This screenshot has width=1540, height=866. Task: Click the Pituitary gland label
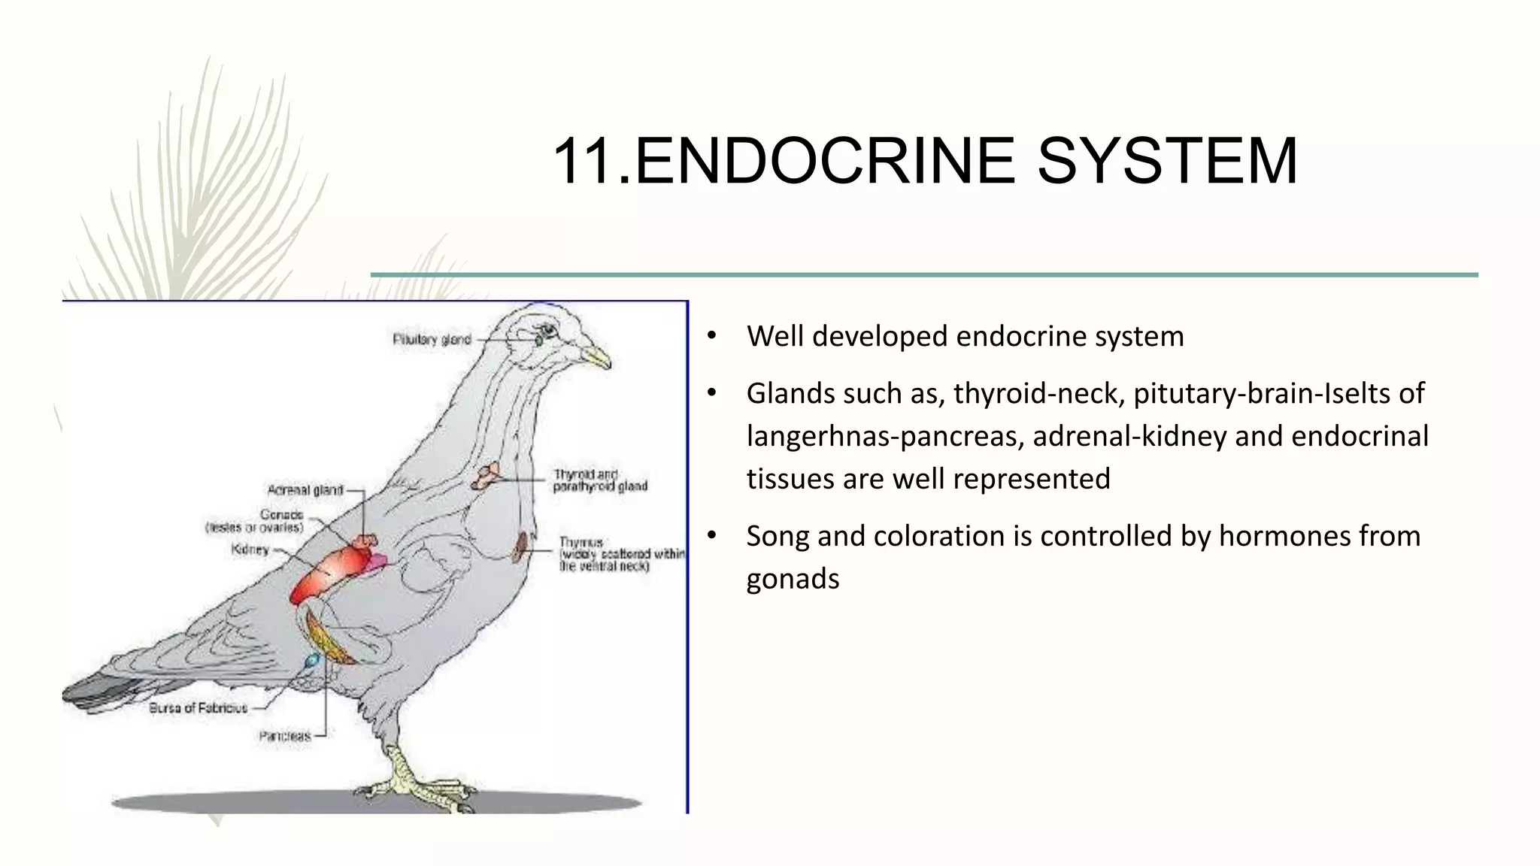[432, 340]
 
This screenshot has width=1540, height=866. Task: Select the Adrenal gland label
[305, 490]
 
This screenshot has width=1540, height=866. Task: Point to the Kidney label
[250, 550]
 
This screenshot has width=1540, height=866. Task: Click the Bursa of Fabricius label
[199, 707]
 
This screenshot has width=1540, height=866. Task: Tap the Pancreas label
[285, 736]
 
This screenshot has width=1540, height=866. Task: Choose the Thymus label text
[581, 542]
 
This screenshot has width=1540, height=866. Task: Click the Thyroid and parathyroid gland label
[599, 480]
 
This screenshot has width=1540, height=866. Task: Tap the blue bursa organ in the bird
[311, 661]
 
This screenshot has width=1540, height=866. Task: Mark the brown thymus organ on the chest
[520, 547]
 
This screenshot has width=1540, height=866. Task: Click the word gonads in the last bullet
[793, 579]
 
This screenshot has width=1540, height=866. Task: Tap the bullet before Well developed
[711, 336]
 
